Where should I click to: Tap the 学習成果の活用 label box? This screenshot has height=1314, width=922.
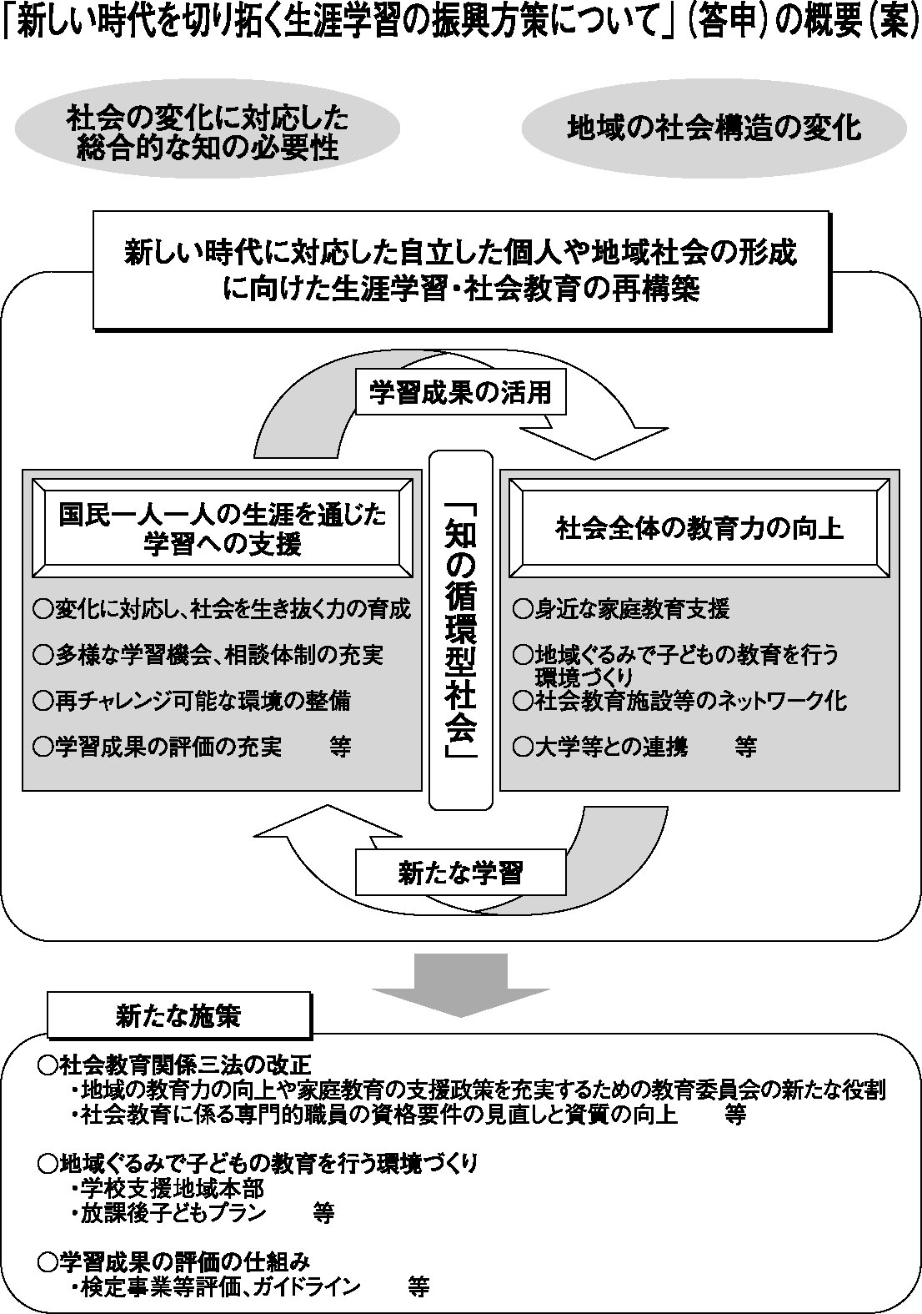(x=460, y=392)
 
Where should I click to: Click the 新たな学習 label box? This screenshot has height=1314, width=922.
(x=460, y=873)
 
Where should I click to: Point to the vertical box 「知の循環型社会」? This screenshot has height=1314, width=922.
(x=461, y=630)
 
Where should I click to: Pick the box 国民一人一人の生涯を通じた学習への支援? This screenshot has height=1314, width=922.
(x=222, y=529)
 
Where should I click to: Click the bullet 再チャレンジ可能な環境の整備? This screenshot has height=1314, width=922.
(x=192, y=700)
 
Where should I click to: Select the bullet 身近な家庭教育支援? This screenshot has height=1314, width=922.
(x=621, y=609)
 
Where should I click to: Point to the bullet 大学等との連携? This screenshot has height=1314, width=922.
(x=600, y=747)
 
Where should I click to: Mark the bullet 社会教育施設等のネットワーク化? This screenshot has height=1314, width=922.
(x=679, y=700)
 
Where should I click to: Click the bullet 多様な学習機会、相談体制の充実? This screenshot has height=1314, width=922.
(x=208, y=655)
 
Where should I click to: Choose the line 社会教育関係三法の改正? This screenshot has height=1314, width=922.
(x=175, y=1065)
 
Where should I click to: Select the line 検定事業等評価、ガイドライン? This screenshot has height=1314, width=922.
(x=221, y=1286)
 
